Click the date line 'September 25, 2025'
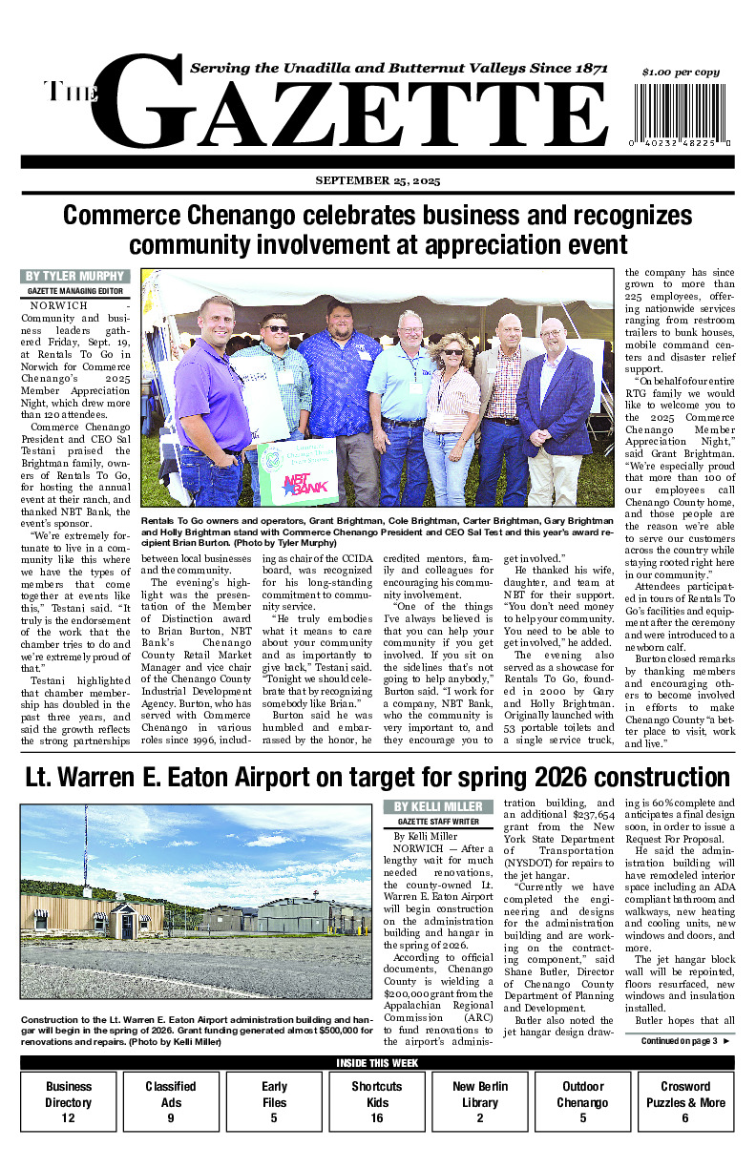[378, 181]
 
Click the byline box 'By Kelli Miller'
[438, 807]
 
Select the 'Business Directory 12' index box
[69, 1102]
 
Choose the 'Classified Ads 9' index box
[171, 1102]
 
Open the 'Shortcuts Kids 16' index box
[376, 1102]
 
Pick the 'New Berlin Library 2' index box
[479, 1102]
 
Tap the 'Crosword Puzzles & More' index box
[685, 1102]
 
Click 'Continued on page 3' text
[679, 1041]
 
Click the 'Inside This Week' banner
[378, 1064]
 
